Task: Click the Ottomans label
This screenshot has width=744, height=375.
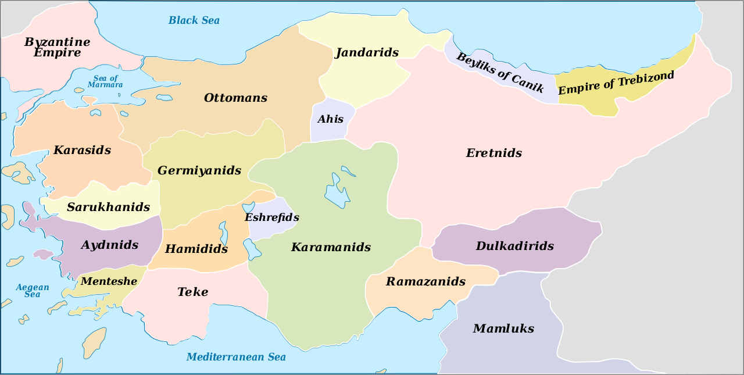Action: click(235, 98)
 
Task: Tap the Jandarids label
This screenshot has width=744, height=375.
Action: click(367, 52)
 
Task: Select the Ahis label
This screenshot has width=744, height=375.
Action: click(330, 119)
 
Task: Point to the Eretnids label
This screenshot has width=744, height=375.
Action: click(494, 153)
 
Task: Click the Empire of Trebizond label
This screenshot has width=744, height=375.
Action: click(616, 83)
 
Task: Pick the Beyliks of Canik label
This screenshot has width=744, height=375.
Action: click(500, 73)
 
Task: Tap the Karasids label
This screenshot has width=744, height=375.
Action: click(82, 150)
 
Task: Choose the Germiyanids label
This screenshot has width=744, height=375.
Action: click(199, 171)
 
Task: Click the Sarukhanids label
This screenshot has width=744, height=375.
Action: click(108, 207)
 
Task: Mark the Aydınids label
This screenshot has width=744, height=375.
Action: click(110, 245)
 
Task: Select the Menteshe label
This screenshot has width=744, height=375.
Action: click(109, 281)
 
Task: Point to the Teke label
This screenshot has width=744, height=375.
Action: click(192, 292)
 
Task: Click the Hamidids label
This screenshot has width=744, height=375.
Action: click(196, 249)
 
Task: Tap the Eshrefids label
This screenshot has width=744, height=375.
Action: click(272, 217)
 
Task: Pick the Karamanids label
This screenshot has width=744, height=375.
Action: click(331, 247)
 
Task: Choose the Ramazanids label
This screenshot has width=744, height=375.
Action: click(426, 281)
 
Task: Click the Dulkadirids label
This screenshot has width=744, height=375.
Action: click(515, 246)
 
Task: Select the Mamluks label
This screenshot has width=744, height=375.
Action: click(503, 328)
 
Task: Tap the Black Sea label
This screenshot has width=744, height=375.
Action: click(194, 20)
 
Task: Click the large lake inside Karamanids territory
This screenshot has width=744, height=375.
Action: click(335, 190)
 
